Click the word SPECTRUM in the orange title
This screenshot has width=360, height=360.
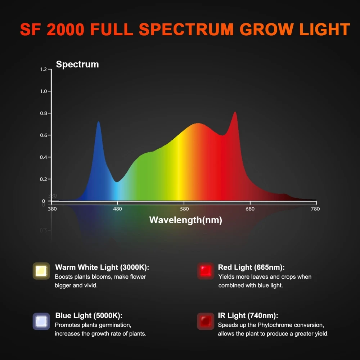pyautogui.click(x=186, y=30)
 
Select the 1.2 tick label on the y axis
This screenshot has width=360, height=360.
pyautogui.click(x=43, y=69)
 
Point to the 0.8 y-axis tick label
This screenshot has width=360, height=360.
pyautogui.click(x=43, y=113)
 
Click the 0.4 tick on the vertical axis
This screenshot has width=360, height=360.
pyautogui.click(x=43, y=157)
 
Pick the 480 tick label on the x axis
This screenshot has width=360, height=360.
pyautogui.click(x=118, y=209)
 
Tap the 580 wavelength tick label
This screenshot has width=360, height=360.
pyautogui.click(x=184, y=209)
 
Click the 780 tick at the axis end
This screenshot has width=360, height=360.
pyautogui.click(x=315, y=209)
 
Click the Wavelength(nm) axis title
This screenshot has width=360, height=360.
pyautogui.click(x=185, y=220)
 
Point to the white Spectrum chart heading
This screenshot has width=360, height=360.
pyautogui.click(x=77, y=64)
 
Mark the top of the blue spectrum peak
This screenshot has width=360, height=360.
pyautogui.click(x=98, y=122)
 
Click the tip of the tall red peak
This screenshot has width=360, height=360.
pyautogui.click(x=235, y=112)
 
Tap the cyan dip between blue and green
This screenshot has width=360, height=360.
pyautogui.click(x=116, y=181)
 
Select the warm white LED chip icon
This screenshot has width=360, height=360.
pyautogui.click(x=41, y=271)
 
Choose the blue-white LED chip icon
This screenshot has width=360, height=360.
pyautogui.click(x=41, y=321)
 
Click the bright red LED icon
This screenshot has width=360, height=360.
pyautogui.click(x=206, y=271)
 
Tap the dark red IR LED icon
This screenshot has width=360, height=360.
pyautogui.click(x=206, y=321)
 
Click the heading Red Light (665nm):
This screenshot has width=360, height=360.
pyautogui.click(x=251, y=267)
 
